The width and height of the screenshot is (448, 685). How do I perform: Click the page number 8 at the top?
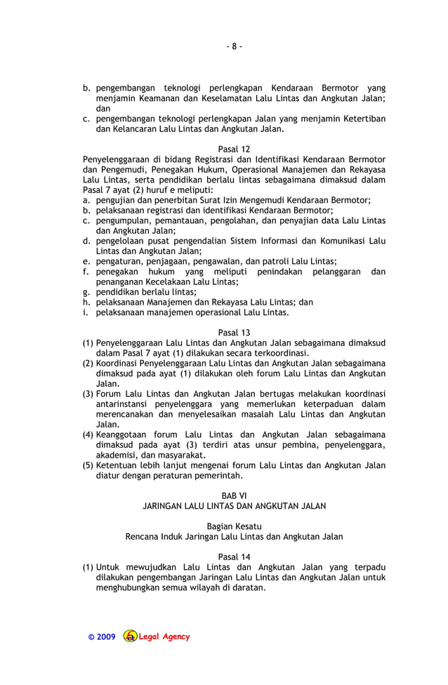[234, 47]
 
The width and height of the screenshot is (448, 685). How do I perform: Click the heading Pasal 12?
[234, 149]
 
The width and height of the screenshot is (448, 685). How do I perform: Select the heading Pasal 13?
[234, 333]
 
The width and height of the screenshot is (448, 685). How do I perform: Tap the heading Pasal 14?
[234, 557]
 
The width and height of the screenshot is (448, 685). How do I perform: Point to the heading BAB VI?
[234, 496]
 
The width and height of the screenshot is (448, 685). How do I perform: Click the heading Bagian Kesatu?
[234, 526]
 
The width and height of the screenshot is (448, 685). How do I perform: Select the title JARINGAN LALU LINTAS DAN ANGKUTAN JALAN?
[234, 506]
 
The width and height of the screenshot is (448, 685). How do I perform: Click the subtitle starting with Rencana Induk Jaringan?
[234, 537]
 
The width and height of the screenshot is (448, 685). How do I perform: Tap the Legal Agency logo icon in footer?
[131, 637]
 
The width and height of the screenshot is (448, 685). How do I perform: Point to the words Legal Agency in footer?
[164, 637]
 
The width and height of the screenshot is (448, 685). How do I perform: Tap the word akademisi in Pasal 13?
[117, 455]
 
